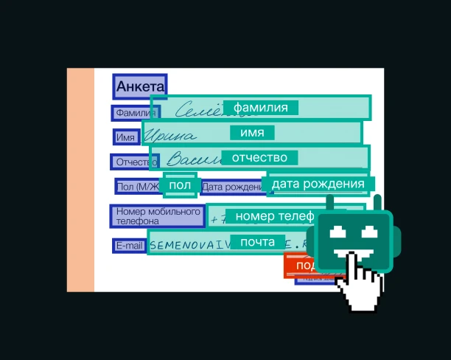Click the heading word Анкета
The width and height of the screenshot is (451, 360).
point(140,86)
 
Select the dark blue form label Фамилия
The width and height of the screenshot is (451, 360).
point(134,114)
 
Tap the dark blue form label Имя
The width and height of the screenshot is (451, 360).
point(125,137)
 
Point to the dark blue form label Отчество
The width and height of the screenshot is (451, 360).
point(132,162)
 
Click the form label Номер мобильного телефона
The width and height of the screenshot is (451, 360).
point(157,216)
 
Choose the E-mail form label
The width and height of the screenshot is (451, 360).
point(129,246)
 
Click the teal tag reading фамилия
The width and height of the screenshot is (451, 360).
point(260,108)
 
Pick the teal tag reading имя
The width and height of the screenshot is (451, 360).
point(252,133)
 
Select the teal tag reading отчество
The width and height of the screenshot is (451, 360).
point(259,157)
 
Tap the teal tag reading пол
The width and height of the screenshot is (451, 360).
point(180,185)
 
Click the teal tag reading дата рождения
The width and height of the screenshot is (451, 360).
point(318,184)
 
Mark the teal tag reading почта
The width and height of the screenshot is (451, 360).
point(257,242)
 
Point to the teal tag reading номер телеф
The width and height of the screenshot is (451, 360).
point(270,216)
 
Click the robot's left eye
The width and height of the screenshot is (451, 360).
point(338,232)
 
